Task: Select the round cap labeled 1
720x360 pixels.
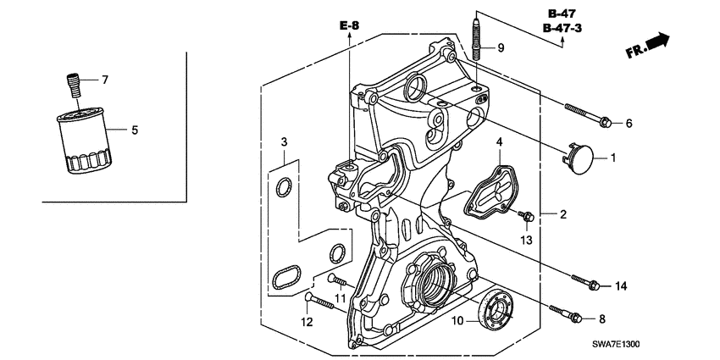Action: click(x=579, y=158)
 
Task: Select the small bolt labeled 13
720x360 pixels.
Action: click(x=525, y=219)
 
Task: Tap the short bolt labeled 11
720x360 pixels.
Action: click(x=338, y=279)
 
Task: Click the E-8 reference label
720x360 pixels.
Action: click(x=349, y=26)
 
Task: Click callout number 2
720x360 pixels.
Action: click(x=562, y=215)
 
